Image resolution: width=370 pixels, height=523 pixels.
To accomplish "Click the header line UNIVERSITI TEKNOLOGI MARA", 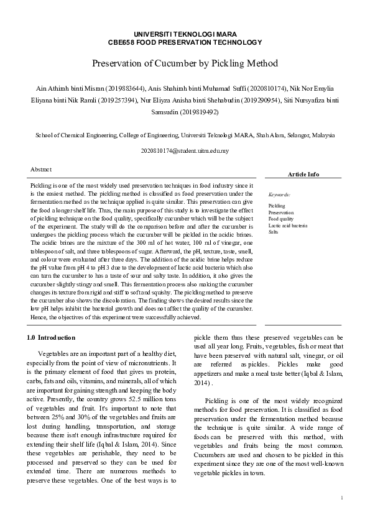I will [x=185, y=34].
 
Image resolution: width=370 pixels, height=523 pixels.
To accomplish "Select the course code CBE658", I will [x=121, y=42].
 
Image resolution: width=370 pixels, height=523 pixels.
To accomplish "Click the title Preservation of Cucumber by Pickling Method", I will [x=185, y=63].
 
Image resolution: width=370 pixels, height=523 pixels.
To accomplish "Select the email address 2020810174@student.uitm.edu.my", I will [x=185, y=151].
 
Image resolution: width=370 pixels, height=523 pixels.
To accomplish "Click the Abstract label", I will [x=41, y=169].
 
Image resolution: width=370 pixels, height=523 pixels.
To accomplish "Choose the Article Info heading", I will [x=303, y=174].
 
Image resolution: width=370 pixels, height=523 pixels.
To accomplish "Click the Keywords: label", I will [x=279, y=194].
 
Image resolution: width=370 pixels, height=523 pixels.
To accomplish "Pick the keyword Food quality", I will [x=280, y=219].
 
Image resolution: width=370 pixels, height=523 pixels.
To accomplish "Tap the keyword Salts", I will [x=274, y=232].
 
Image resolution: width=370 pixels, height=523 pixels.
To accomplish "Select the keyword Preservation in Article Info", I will [x=282, y=212].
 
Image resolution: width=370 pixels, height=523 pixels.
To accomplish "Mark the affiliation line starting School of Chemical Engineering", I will [x=185, y=134].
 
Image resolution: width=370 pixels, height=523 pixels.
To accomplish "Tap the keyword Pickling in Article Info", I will [x=277, y=206].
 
